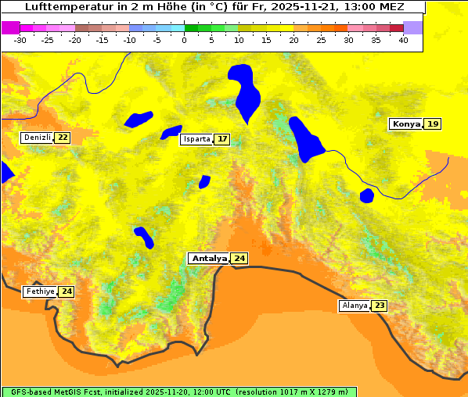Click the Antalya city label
coord(209,258)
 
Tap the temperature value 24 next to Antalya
coord(239,258)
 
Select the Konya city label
coord(406,123)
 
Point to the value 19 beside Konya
coord(433,123)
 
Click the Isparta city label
coord(196,139)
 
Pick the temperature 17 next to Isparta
coord(222,139)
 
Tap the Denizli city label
coord(37,138)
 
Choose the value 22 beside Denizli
coord(63,138)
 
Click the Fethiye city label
coord(40,291)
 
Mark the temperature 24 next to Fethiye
coord(67,291)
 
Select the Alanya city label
coord(355,305)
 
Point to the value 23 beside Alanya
coord(380,305)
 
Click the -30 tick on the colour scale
coord(20,40)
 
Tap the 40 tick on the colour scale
coord(403,40)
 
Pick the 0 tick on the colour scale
coord(185,40)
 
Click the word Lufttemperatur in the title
coord(69,6)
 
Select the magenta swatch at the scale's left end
coord(10,27)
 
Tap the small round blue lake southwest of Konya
coord(366,195)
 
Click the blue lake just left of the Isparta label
coord(170,132)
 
